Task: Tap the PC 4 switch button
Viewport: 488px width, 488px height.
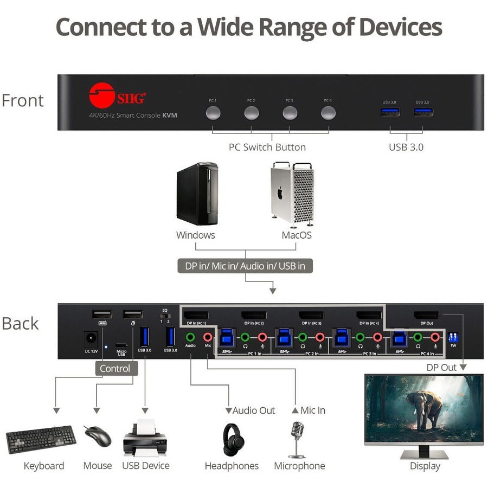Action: pos(328,113)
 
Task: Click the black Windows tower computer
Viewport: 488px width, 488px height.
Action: pos(197,194)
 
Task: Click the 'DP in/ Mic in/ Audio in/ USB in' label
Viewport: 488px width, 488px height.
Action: pos(245,266)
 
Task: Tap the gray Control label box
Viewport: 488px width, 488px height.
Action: pos(114,369)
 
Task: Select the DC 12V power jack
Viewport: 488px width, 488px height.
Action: pos(91,339)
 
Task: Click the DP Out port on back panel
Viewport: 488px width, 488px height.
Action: pos(426,315)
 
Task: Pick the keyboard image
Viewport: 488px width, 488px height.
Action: pos(41,439)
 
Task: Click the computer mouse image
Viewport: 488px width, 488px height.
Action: pos(98,435)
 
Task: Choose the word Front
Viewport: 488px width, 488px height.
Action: pos(22,100)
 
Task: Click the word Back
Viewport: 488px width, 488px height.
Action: pos(20,323)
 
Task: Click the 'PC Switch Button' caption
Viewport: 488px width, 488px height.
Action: pos(267,147)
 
